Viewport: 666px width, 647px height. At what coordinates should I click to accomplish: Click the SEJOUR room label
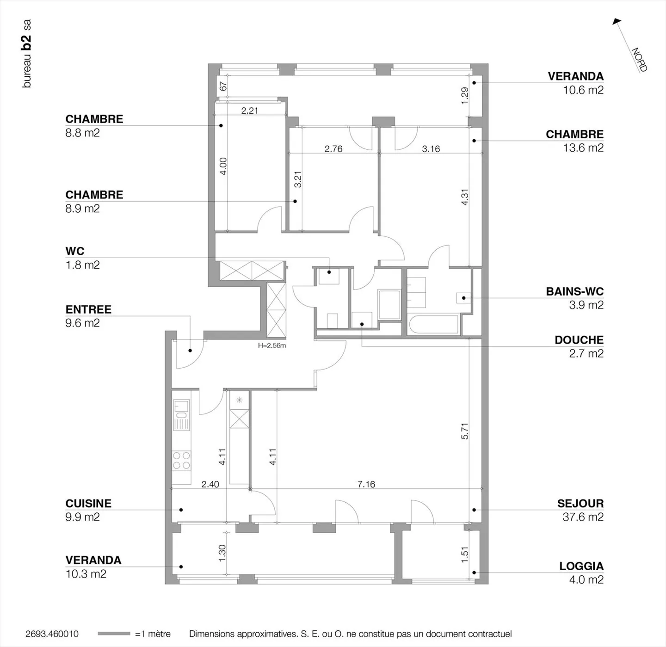(x=580, y=503)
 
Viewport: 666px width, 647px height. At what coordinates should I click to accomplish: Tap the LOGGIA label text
(x=581, y=566)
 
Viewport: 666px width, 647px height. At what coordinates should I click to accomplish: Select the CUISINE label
(x=88, y=503)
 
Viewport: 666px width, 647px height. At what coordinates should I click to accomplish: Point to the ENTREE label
(x=88, y=309)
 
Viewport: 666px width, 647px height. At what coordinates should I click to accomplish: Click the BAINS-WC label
(x=575, y=291)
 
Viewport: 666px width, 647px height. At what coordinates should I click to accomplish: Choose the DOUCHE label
(x=579, y=340)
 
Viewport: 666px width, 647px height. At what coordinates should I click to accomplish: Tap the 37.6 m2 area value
(x=583, y=517)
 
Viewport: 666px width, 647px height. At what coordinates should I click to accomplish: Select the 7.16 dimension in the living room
(x=366, y=484)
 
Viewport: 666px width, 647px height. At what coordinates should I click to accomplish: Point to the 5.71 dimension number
(x=464, y=431)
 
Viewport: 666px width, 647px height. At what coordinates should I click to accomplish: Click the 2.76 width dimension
(x=333, y=149)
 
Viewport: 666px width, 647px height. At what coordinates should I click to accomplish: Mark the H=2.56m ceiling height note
(x=272, y=345)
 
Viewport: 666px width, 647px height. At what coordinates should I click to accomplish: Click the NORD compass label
(x=639, y=60)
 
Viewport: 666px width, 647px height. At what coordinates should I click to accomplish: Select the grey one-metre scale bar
(x=114, y=634)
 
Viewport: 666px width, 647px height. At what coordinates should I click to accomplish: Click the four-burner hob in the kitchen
(x=181, y=460)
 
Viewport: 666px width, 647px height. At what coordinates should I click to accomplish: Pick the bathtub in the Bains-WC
(x=433, y=324)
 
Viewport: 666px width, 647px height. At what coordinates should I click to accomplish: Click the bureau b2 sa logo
(x=27, y=53)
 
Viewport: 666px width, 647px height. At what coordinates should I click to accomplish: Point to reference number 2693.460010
(x=52, y=634)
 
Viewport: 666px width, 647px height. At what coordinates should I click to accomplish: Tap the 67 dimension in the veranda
(x=223, y=86)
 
